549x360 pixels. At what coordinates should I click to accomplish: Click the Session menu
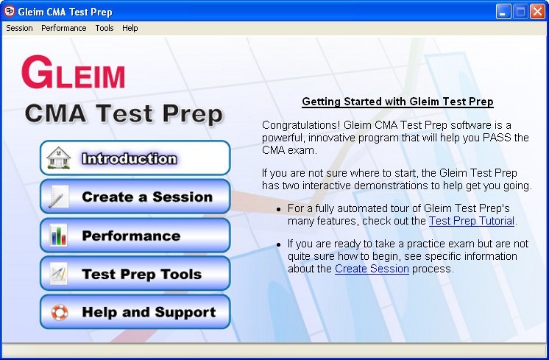point(19,28)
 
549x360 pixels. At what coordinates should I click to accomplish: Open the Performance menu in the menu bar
point(64,28)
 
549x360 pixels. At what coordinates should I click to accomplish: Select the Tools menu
point(105,28)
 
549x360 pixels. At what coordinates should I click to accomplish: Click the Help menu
point(130,28)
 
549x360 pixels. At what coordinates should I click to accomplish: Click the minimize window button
point(503,12)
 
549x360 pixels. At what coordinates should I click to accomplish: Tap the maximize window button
point(520,12)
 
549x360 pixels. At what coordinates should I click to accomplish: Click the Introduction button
point(135,158)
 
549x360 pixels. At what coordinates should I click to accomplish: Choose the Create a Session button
point(135,197)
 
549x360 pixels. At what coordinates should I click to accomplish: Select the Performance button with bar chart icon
point(135,235)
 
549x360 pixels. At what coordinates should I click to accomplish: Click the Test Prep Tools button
point(135,274)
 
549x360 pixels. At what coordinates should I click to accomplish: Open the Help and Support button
point(135,312)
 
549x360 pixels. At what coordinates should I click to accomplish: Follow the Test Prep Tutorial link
point(472,221)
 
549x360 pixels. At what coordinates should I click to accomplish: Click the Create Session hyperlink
point(372,269)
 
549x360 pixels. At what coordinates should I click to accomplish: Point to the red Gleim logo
point(73,72)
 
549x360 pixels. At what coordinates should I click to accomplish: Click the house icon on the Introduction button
point(58,158)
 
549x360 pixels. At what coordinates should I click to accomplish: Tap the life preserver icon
point(59,312)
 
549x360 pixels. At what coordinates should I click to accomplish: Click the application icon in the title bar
point(10,11)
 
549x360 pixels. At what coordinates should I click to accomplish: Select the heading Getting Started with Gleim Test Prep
point(397,102)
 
